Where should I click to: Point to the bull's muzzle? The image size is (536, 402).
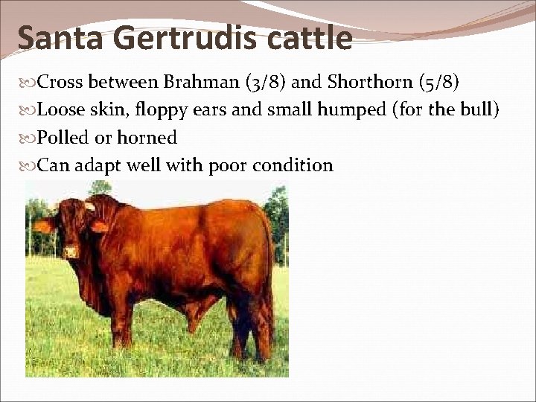tap(71, 251)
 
